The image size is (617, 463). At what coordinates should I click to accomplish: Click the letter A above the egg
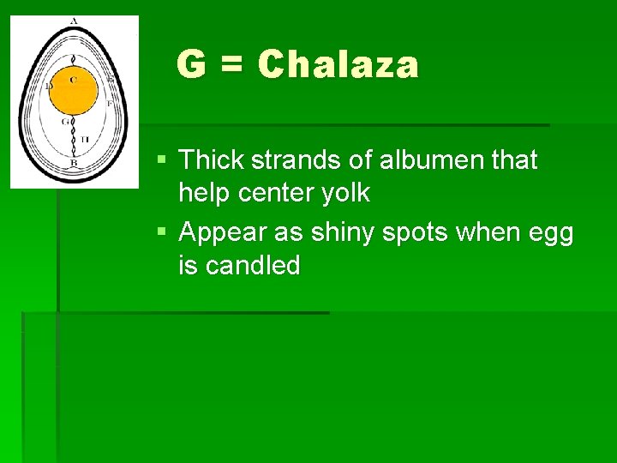tap(75, 21)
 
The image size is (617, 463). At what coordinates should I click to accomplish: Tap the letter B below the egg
tap(74, 163)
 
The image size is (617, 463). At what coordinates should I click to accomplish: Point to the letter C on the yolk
tap(74, 80)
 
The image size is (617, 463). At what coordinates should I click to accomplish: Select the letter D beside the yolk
tap(49, 86)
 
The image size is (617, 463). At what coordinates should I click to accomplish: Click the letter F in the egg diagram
tap(110, 101)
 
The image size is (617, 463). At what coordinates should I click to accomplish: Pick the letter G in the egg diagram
tap(64, 122)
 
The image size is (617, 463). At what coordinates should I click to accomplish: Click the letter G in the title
tap(191, 65)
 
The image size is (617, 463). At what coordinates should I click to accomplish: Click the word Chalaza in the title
tap(338, 65)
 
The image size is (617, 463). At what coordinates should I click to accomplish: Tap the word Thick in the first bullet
tap(211, 159)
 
